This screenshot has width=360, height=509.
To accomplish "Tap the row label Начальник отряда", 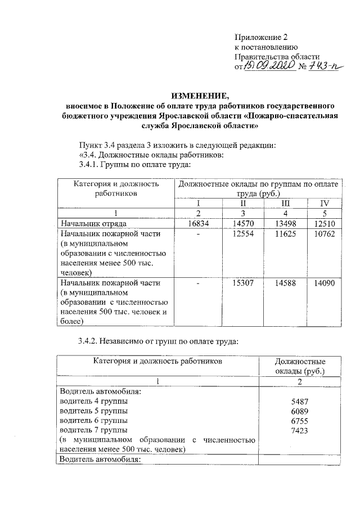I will coord(91,224).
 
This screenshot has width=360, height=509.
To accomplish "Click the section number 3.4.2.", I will coord(90,341).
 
